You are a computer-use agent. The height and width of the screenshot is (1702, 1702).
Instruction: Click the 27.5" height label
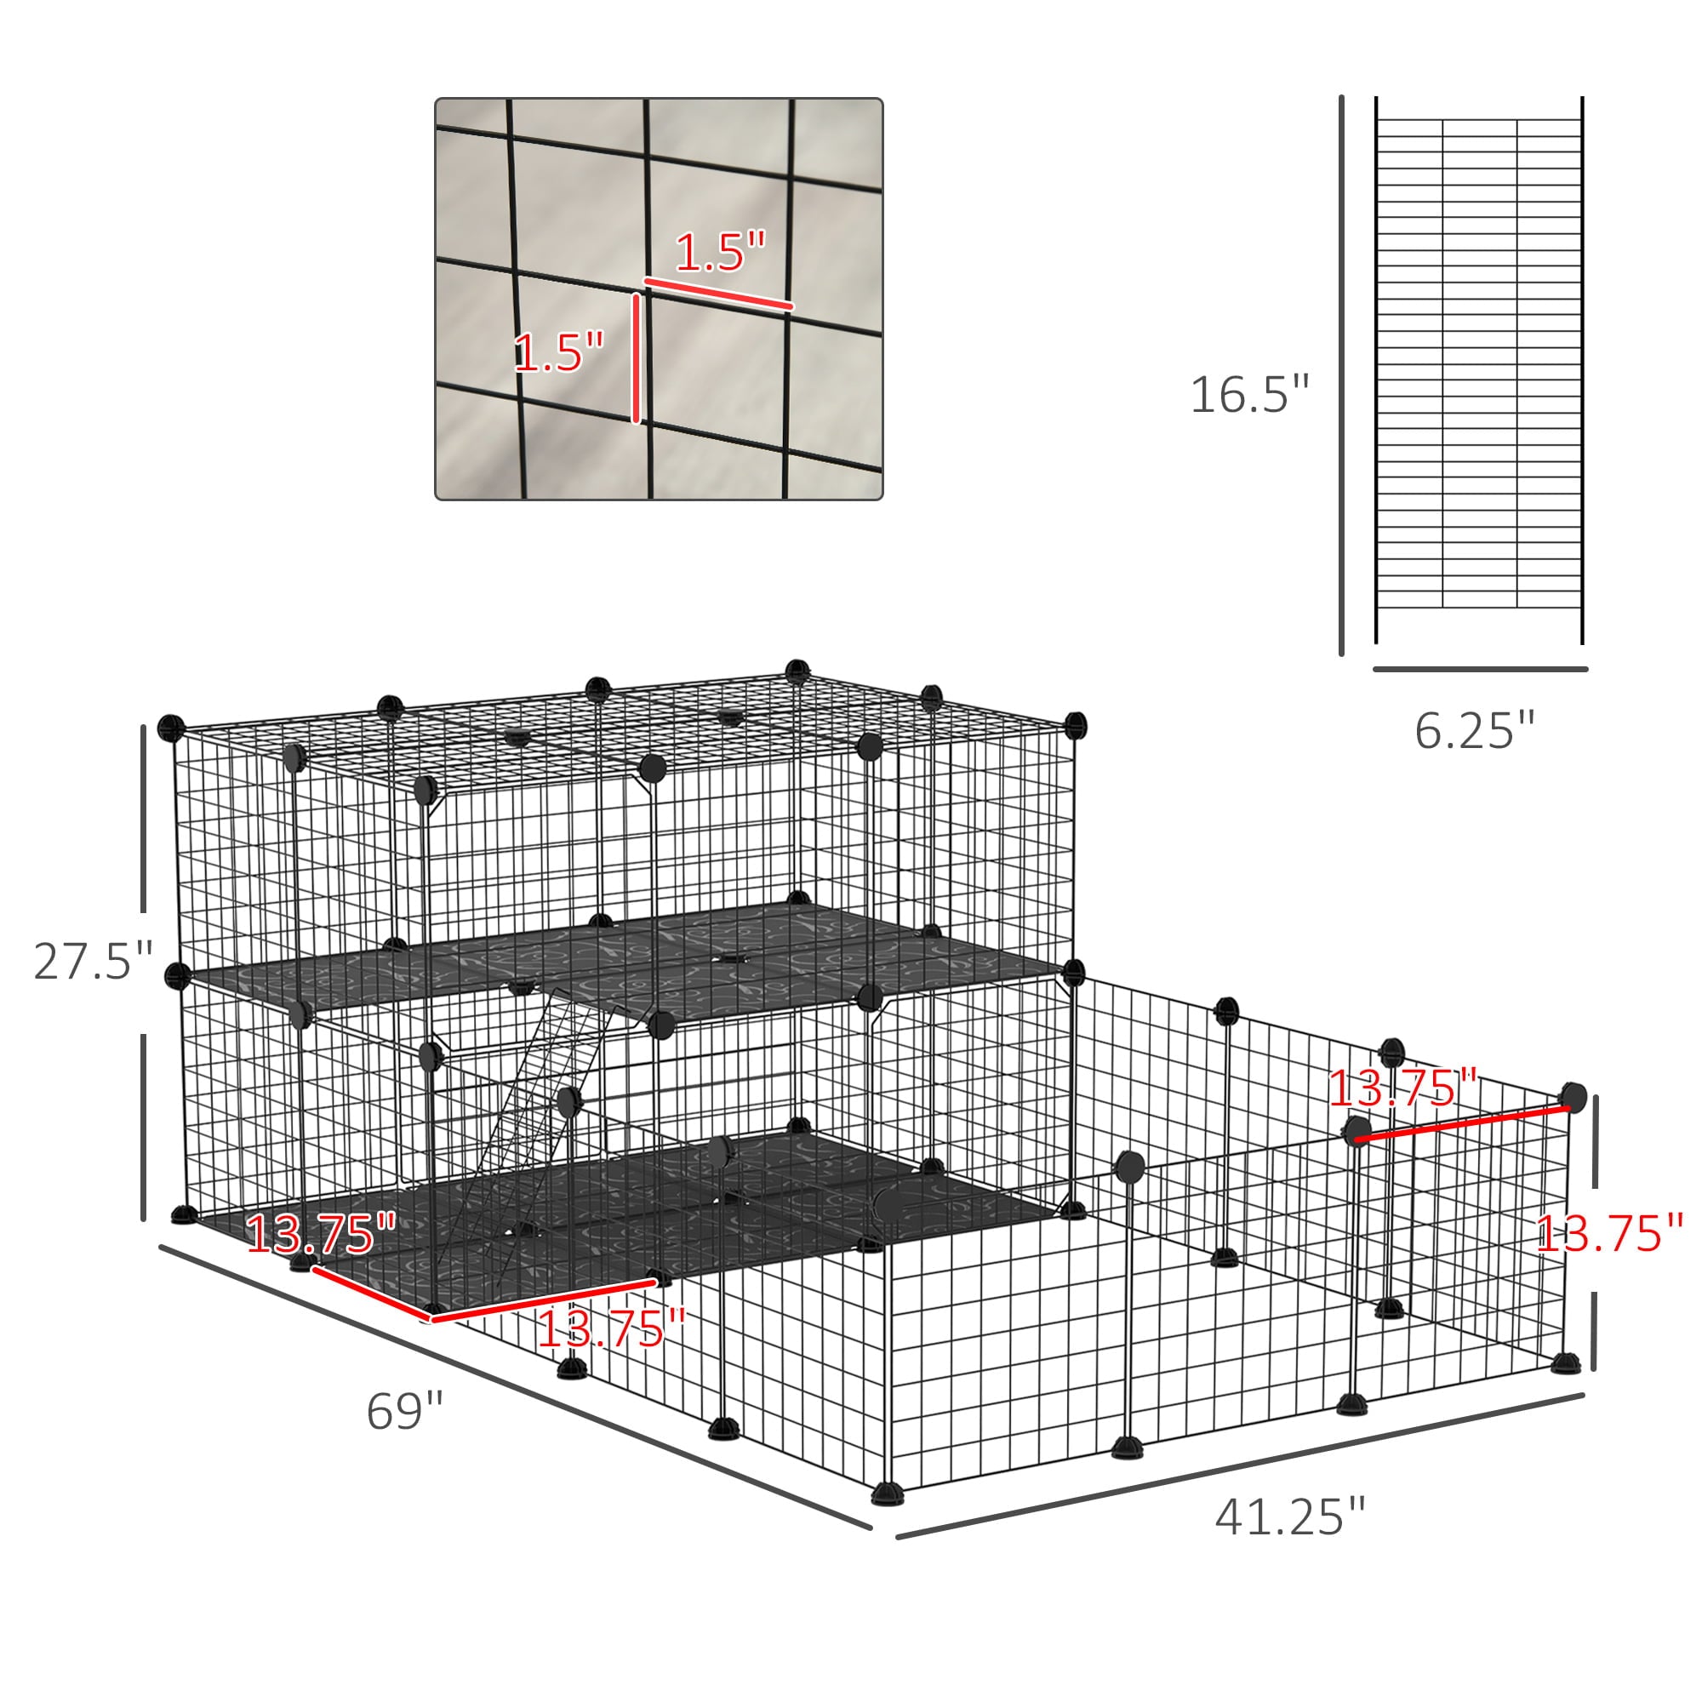[x=94, y=961]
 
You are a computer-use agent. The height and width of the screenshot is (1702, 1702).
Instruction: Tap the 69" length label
[x=404, y=1411]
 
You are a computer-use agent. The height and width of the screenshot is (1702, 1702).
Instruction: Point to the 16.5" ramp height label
[x=1249, y=394]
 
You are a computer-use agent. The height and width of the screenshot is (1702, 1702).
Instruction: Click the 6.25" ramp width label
[x=1475, y=730]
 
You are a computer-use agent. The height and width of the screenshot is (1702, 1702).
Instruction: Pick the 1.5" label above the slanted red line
[x=721, y=252]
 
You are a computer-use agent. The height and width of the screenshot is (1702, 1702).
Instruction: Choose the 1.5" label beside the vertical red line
[x=559, y=352]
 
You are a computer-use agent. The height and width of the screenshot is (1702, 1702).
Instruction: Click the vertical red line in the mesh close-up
[x=636, y=358]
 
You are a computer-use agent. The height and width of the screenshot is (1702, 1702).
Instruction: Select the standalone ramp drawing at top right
[x=1479, y=370]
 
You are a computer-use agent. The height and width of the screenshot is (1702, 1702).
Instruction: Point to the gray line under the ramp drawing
[x=1480, y=670]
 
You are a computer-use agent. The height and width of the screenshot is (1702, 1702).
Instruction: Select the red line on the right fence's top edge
[x=1462, y=1124]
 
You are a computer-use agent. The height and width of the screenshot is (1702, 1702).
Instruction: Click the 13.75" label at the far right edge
[x=1608, y=1233]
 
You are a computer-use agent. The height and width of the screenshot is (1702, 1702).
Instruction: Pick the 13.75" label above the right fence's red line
[x=1402, y=1089]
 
